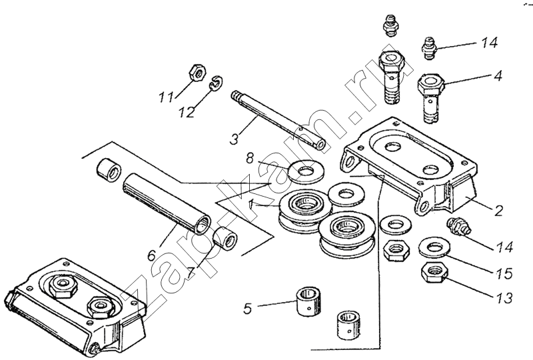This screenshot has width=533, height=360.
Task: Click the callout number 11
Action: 167,97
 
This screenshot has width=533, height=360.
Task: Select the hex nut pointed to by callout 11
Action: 197,73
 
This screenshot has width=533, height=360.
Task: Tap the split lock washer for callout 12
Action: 215,83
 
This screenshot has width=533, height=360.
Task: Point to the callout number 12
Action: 187,111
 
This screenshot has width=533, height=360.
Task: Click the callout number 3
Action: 234,139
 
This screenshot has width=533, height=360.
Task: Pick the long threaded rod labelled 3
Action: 278,121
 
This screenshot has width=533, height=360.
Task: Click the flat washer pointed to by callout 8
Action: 306,170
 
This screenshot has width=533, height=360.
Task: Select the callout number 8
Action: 251,158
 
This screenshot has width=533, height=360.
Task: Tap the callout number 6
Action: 152,255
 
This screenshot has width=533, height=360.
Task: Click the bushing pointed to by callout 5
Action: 309,302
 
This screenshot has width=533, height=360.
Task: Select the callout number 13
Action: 504,298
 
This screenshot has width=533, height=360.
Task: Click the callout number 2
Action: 498,211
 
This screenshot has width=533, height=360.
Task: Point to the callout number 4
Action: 497,75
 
